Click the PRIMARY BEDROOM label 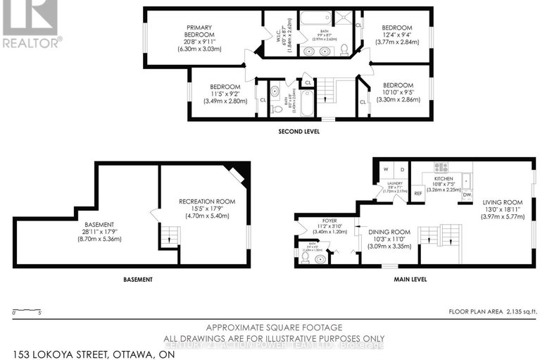[x=189, y=31]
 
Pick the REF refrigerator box [x=417, y=192]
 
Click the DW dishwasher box [x=466, y=194]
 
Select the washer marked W [x=385, y=170]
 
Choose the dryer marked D [x=401, y=170]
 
